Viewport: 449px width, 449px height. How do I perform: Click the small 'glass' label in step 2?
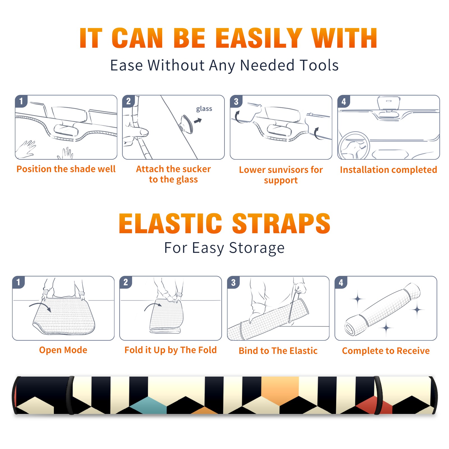[204, 109]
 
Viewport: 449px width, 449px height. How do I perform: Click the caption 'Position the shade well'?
[66, 169]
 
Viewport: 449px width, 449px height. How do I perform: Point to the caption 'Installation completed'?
[388, 169]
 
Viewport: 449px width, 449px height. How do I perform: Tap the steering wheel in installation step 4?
[354, 146]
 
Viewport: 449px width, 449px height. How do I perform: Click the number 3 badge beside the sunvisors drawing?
[236, 102]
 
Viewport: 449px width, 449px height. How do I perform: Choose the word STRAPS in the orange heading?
[281, 223]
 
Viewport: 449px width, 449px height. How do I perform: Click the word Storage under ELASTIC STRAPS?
[257, 248]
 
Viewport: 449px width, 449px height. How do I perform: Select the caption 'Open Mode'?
[63, 350]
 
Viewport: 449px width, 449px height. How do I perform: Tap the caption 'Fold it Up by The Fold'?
[171, 350]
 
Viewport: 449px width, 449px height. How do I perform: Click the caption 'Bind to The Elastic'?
[278, 351]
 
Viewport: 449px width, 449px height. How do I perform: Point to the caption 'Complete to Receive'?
[386, 351]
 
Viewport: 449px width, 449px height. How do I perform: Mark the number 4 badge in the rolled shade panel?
[341, 282]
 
